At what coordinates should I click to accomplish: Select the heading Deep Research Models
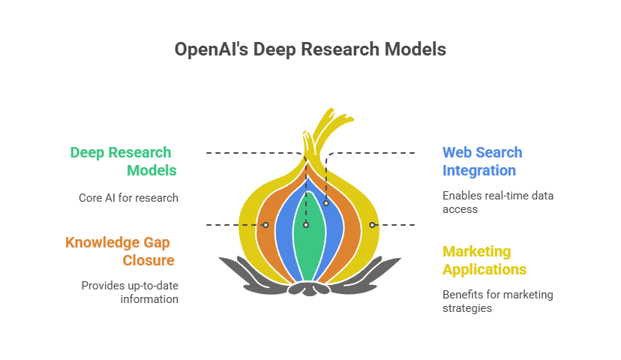coord(124,161)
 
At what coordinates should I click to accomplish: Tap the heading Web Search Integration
coord(482,161)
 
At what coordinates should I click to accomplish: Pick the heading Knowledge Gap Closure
coord(118,251)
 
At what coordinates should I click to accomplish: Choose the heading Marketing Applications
coord(484,260)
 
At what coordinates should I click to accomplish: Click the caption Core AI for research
coord(127,198)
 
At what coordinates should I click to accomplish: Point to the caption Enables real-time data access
coord(497,202)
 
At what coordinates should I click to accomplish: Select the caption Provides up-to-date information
coord(129,292)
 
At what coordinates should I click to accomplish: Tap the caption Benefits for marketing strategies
coord(497,301)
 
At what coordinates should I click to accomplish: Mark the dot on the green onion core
coord(306,225)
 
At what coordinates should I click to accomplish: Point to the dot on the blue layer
coord(326,203)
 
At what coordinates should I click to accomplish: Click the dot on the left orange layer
coord(265,225)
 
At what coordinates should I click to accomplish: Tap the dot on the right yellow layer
coord(372,225)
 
